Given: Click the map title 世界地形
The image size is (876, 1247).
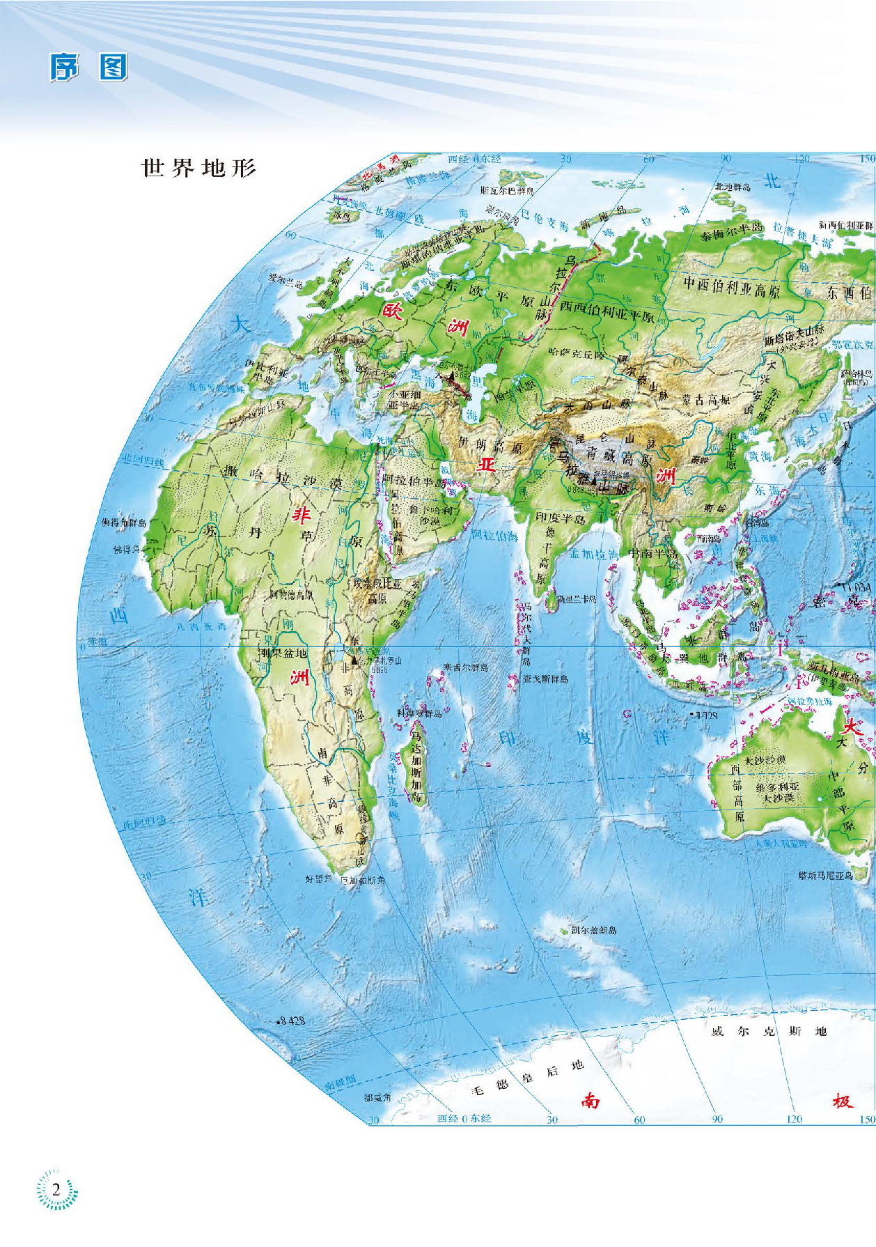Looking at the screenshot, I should click(x=199, y=168).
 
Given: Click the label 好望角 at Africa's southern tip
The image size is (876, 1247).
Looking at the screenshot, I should click(x=319, y=879).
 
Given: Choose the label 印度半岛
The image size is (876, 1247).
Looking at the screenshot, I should click(x=560, y=518).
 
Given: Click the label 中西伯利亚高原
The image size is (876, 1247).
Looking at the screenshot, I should click(x=732, y=286).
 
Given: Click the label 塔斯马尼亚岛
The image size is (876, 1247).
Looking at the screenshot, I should click(x=826, y=875).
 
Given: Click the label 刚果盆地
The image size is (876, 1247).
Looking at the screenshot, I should click(x=283, y=653).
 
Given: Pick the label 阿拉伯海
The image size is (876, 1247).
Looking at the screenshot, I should click(x=494, y=536).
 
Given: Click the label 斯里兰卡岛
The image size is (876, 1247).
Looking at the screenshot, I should click(x=577, y=598).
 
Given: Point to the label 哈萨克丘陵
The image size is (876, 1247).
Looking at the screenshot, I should click(x=577, y=354).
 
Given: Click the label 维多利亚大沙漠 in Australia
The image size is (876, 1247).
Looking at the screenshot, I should click(x=777, y=791).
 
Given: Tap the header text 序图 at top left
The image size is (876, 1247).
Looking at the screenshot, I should click(x=88, y=68).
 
